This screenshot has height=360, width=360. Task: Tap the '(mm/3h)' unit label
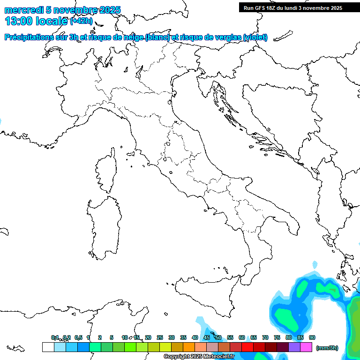point(327,347)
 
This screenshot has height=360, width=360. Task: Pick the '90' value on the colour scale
point(312,337)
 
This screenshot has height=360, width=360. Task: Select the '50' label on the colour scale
point(218,337)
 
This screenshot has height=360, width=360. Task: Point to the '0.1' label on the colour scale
point(55,337)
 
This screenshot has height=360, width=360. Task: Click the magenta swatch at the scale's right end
point(306,347)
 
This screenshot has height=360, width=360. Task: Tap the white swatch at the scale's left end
point(48,347)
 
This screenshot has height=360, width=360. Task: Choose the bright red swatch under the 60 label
point(247,347)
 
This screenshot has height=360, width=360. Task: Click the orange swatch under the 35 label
point(189,347)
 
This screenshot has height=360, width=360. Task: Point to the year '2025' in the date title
point(109,10)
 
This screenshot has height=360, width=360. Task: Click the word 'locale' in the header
point(53,21)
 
